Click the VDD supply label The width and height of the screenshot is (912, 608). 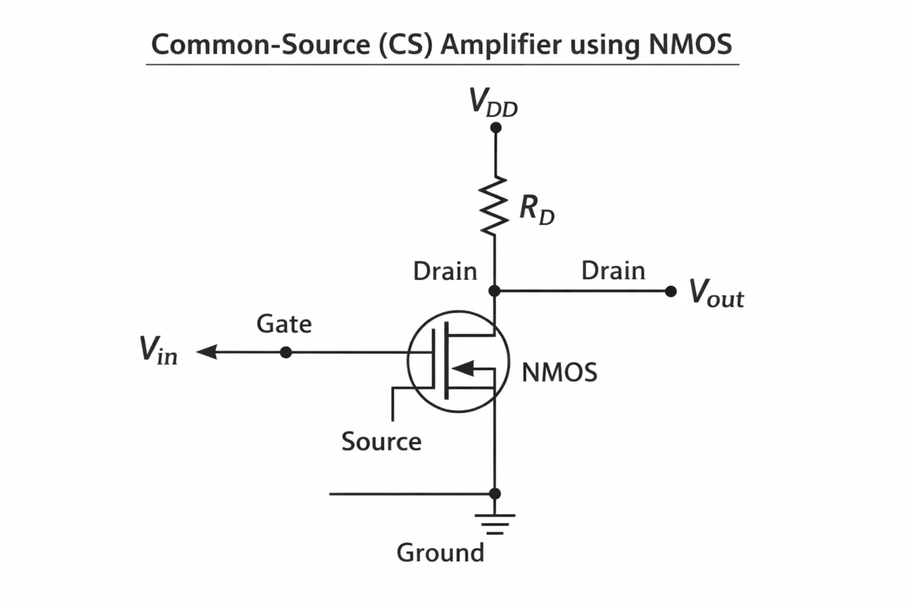(x=493, y=102)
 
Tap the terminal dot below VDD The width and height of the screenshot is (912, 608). (x=496, y=128)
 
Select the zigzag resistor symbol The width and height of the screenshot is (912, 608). (x=494, y=206)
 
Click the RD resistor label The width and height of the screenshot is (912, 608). (x=537, y=210)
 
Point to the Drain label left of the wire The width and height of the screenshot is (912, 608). (x=445, y=271)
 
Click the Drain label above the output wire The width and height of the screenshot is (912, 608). (x=613, y=271)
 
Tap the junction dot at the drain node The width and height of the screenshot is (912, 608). (x=494, y=291)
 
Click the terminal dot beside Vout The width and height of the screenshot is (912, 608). (x=670, y=292)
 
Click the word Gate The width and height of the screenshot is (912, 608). (x=284, y=324)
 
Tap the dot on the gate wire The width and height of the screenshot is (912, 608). (x=286, y=352)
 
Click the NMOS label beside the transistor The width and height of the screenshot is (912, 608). (x=559, y=372)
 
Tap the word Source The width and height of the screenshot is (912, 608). (x=382, y=441)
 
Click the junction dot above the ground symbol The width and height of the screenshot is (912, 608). (x=495, y=493)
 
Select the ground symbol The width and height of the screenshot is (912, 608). (x=495, y=524)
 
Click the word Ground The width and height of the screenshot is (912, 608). (x=441, y=553)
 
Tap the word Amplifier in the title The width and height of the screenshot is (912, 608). (x=501, y=45)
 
